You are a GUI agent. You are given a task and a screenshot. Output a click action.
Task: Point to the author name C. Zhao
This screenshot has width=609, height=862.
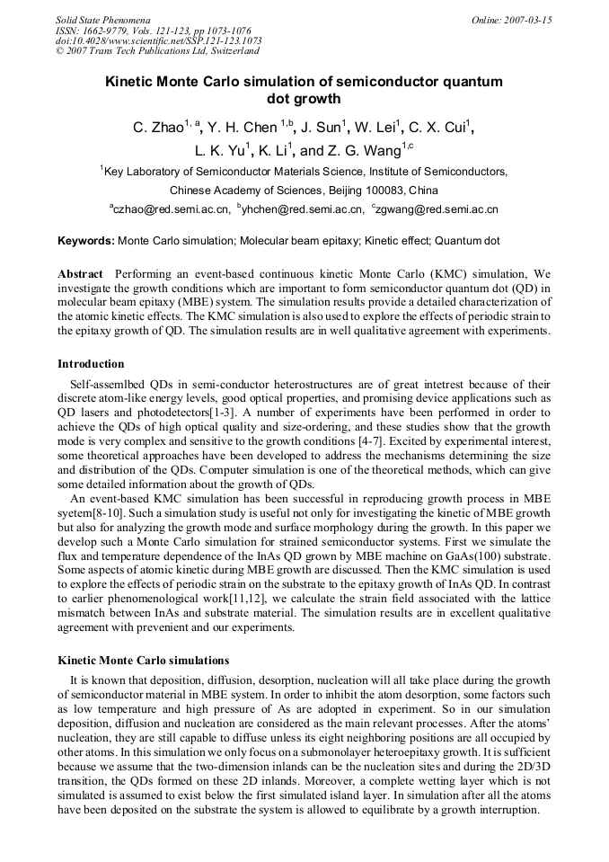click(x=157, y=128)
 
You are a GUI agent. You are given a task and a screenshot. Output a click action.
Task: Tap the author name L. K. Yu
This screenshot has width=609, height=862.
click(x=218, y=151)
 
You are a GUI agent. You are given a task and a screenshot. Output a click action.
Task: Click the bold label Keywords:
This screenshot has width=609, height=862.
click(x=86, y=241)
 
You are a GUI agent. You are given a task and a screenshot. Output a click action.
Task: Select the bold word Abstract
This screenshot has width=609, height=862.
click(x=80, y=273)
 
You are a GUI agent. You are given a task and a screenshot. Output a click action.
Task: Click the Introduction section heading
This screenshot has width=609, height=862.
click(x=91, y=364)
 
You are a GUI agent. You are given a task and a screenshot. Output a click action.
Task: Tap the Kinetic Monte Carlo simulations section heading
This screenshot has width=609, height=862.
click(x=143, y=661)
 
